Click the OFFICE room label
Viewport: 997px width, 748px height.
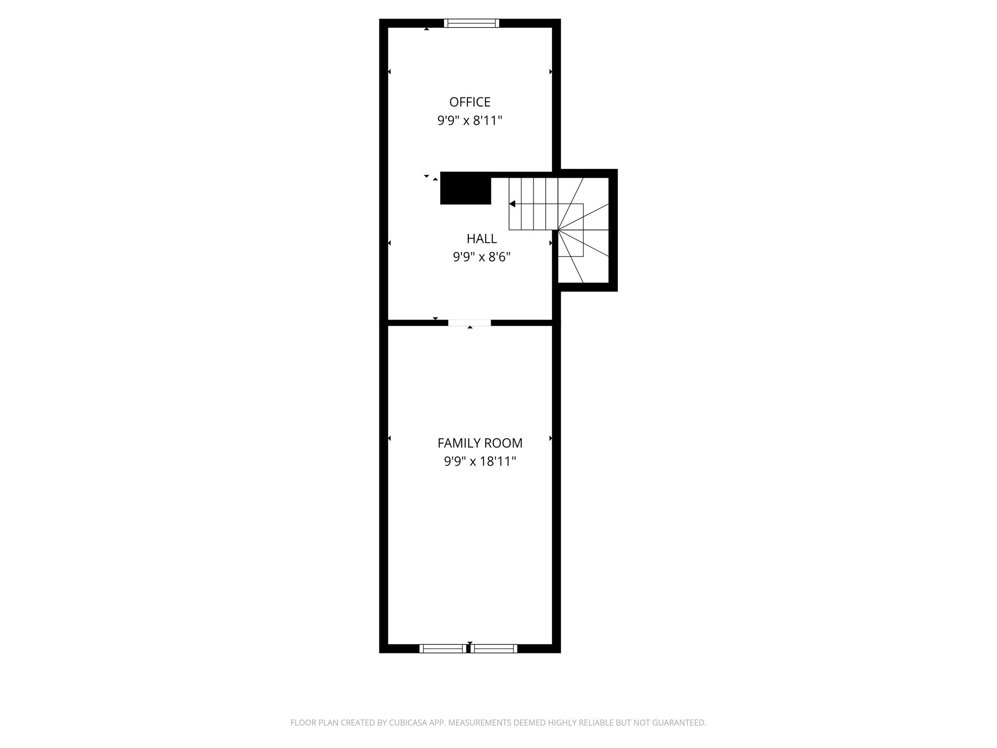470,102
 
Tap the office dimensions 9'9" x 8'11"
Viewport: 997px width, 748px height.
470,121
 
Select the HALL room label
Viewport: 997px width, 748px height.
481,239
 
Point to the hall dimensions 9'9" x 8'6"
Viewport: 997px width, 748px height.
481,257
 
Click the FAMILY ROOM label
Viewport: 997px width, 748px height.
480,443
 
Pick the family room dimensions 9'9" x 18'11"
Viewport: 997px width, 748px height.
480,462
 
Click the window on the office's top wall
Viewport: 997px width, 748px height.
472,23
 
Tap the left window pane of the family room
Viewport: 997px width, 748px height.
443,648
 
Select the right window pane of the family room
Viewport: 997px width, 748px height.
494,648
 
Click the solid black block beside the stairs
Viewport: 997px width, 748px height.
465,188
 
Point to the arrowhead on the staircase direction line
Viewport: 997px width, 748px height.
512,204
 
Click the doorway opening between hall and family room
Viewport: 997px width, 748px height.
469,322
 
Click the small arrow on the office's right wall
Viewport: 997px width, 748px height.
551,72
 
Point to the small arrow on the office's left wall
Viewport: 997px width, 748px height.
389,72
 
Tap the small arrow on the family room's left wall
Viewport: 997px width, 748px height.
389,438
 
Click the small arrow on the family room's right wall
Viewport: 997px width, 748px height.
551,438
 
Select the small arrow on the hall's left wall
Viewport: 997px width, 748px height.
389,243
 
